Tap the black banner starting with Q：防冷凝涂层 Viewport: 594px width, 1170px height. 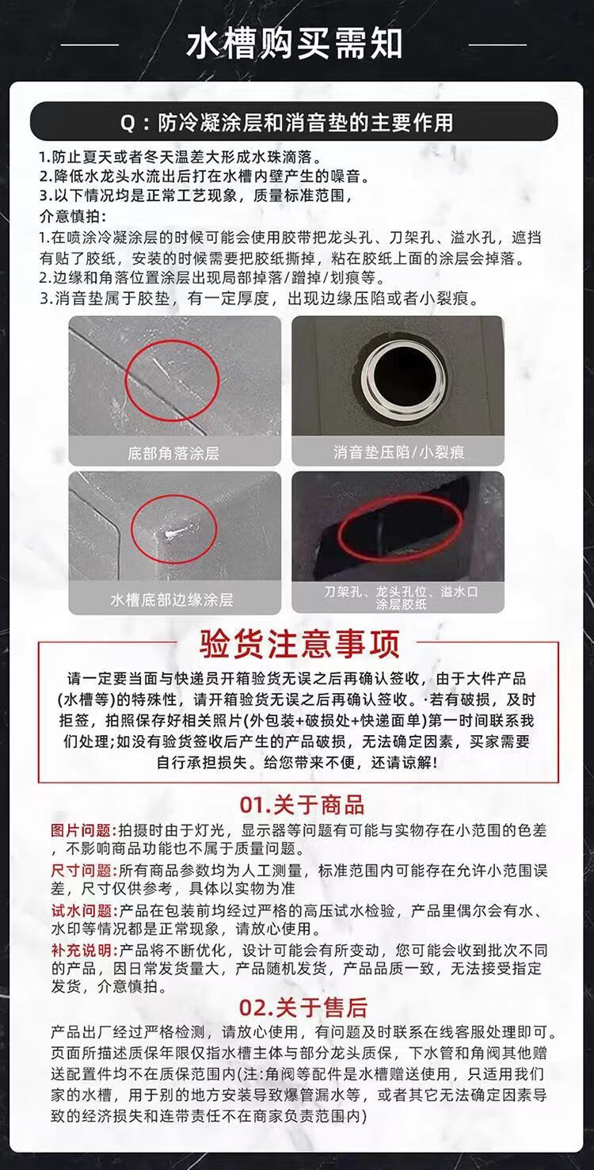(x=294, y=122)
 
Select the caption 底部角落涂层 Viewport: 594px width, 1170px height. (x=173, y=453)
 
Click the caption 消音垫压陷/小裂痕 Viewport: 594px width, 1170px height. (x=398, y=452)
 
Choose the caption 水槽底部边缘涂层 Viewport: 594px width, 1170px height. (x=171, y=599)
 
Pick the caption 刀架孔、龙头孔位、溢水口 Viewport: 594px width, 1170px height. (x=401, y=591)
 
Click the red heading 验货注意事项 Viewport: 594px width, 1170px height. (x=299, y=643)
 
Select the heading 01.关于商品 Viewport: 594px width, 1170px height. (x=302, y=805)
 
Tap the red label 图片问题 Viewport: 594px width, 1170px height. (x=81, y=830)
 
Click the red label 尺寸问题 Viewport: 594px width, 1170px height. (x=81, y=871)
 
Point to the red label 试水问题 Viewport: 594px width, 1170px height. (x=81, y=911)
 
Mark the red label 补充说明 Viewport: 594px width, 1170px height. (x=81, y=950)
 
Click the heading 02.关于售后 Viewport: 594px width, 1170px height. (x=303, y=1008)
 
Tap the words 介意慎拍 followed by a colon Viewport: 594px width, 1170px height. (x=73, y=216)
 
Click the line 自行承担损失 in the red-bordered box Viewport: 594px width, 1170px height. (x=297, y=762)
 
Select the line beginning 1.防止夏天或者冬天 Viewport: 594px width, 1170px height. (x=181, y=157)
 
